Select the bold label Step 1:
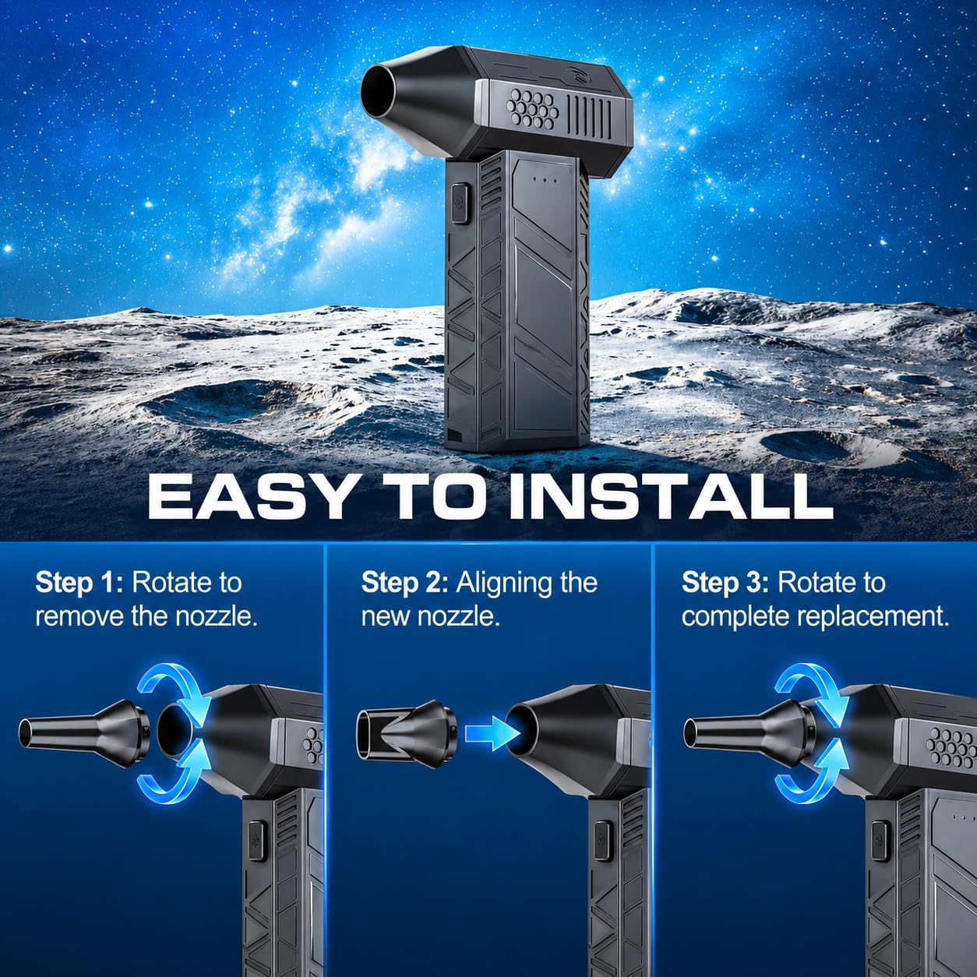(x=79, y=584)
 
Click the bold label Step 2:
(x=404, y=584)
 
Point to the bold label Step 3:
(x=725, y=584)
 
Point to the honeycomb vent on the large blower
(x=534, y=108)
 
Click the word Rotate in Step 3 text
(x=832, y=584)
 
